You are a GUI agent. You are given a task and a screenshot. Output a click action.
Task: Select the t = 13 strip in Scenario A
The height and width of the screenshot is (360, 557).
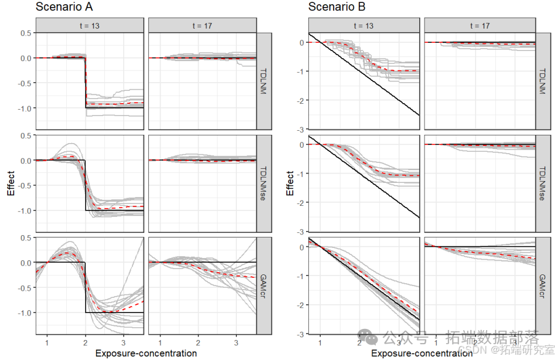coord(90,25)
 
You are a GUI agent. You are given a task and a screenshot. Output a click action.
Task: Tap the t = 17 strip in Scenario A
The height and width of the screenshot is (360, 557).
coord(202,25)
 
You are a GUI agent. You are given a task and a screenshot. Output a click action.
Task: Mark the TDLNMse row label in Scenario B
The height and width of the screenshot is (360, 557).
coord(544,184)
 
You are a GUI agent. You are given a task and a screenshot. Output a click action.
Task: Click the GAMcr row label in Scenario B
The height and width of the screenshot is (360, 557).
coord(544,286)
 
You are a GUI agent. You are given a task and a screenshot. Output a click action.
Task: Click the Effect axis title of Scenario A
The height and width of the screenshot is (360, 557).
coord(10,184)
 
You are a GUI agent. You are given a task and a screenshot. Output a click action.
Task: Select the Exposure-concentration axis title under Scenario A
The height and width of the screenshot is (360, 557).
coord(146,354)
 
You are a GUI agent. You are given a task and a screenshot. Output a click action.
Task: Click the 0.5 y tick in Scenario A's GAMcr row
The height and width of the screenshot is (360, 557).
coord(25,237)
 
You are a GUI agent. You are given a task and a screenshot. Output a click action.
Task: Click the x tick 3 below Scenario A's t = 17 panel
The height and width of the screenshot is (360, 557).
coord(236,341)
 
